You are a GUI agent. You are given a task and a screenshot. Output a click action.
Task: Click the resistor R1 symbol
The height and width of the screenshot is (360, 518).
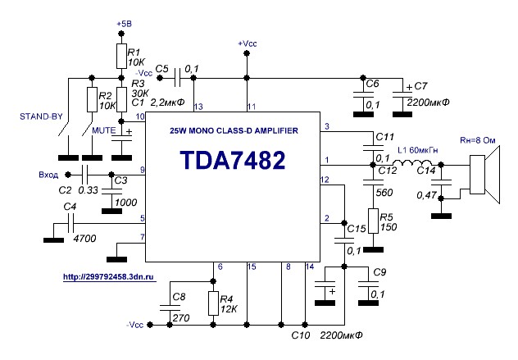pyautogui.click(x=121, y=56)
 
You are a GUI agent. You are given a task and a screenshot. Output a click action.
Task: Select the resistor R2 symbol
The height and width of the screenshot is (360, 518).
pyautogui.click(x=92, y=100)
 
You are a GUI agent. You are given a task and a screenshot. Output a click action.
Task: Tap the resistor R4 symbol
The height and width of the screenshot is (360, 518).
pyautogui.click(x=213, y=303)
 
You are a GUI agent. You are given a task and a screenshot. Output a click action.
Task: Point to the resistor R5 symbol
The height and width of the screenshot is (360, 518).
pyautogui.click(x=372, y=221)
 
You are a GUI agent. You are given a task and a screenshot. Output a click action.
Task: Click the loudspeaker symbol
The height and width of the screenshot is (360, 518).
pyautogui.click(x=480, y=181)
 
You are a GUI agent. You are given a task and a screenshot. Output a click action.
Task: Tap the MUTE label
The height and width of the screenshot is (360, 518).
pyautogui.click(x=103, y=130)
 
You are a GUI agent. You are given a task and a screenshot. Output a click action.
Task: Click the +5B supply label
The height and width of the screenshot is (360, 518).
pyautogui.click(x=120, y=25)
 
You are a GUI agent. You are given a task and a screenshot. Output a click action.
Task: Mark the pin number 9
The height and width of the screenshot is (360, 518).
pyautogui.click(x=142, y=170)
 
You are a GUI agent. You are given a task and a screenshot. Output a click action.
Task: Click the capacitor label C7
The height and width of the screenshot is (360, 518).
pyautogui.click(x=421, y=85)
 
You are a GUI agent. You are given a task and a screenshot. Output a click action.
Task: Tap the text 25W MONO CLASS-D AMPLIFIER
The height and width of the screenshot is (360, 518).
pyautogui.click(x=234, y=131)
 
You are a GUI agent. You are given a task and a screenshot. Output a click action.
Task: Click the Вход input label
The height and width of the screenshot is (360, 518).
pyautogui.click(x=50, y=175)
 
